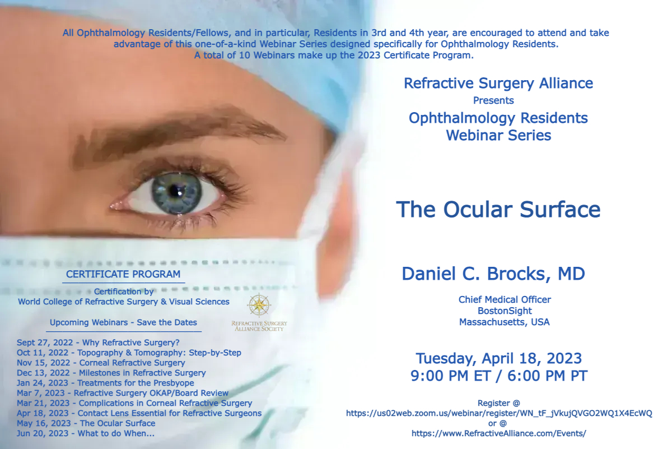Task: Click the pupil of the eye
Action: click(175, 190)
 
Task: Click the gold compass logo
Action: click(259, 305)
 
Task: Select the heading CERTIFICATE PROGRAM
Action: click(123, 274)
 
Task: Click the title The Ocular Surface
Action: click(498, 209)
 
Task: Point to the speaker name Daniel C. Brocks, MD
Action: click(493, 274)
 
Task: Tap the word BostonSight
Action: click(505, 311)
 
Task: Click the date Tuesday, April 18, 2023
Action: click(498, 359)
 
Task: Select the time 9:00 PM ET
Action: click(451, 376)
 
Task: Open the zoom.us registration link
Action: click(499, 413)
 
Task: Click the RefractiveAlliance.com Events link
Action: click(498, 433)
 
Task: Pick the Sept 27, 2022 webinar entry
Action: click(98, 342)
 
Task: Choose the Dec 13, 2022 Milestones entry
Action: click(111, 373)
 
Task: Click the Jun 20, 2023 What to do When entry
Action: click(86, 433)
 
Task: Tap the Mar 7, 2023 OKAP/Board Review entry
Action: click(123, 393)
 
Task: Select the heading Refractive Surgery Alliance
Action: click(498, 83)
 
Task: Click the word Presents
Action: click(493, 100)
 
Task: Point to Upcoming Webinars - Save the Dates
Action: click(123, 322)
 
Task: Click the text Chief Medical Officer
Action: click(505, 299)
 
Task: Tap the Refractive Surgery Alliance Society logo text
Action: click(259, 326)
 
